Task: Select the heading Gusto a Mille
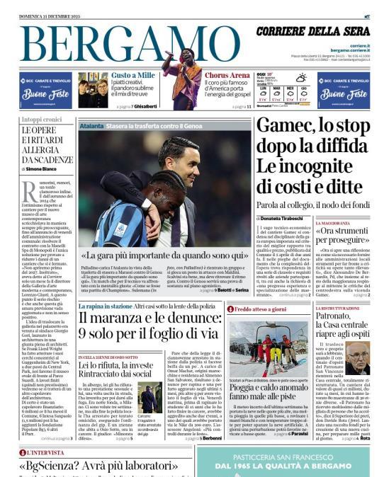pyautogui.click(x=133, y=75)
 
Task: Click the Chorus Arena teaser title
pyautogui.click(x=227, y=75)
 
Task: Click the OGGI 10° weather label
pyautogui.click(x=264, y=74)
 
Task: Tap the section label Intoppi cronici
pyautogui.click(x=41, y=120)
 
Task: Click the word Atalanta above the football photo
pyautogui.click(x=91, y=125)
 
